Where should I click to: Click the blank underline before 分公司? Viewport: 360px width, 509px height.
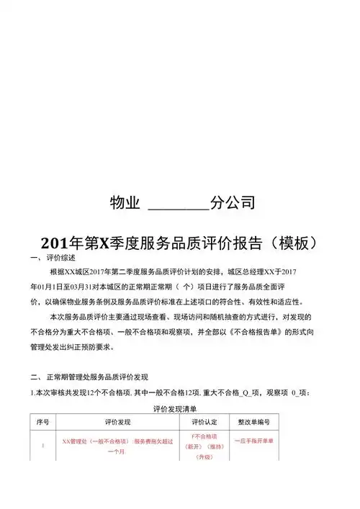point(178,204)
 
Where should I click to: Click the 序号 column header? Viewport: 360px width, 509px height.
point(42,421)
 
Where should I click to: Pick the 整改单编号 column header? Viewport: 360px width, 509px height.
point(253,421)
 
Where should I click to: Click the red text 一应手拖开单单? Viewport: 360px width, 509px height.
point(253,441)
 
